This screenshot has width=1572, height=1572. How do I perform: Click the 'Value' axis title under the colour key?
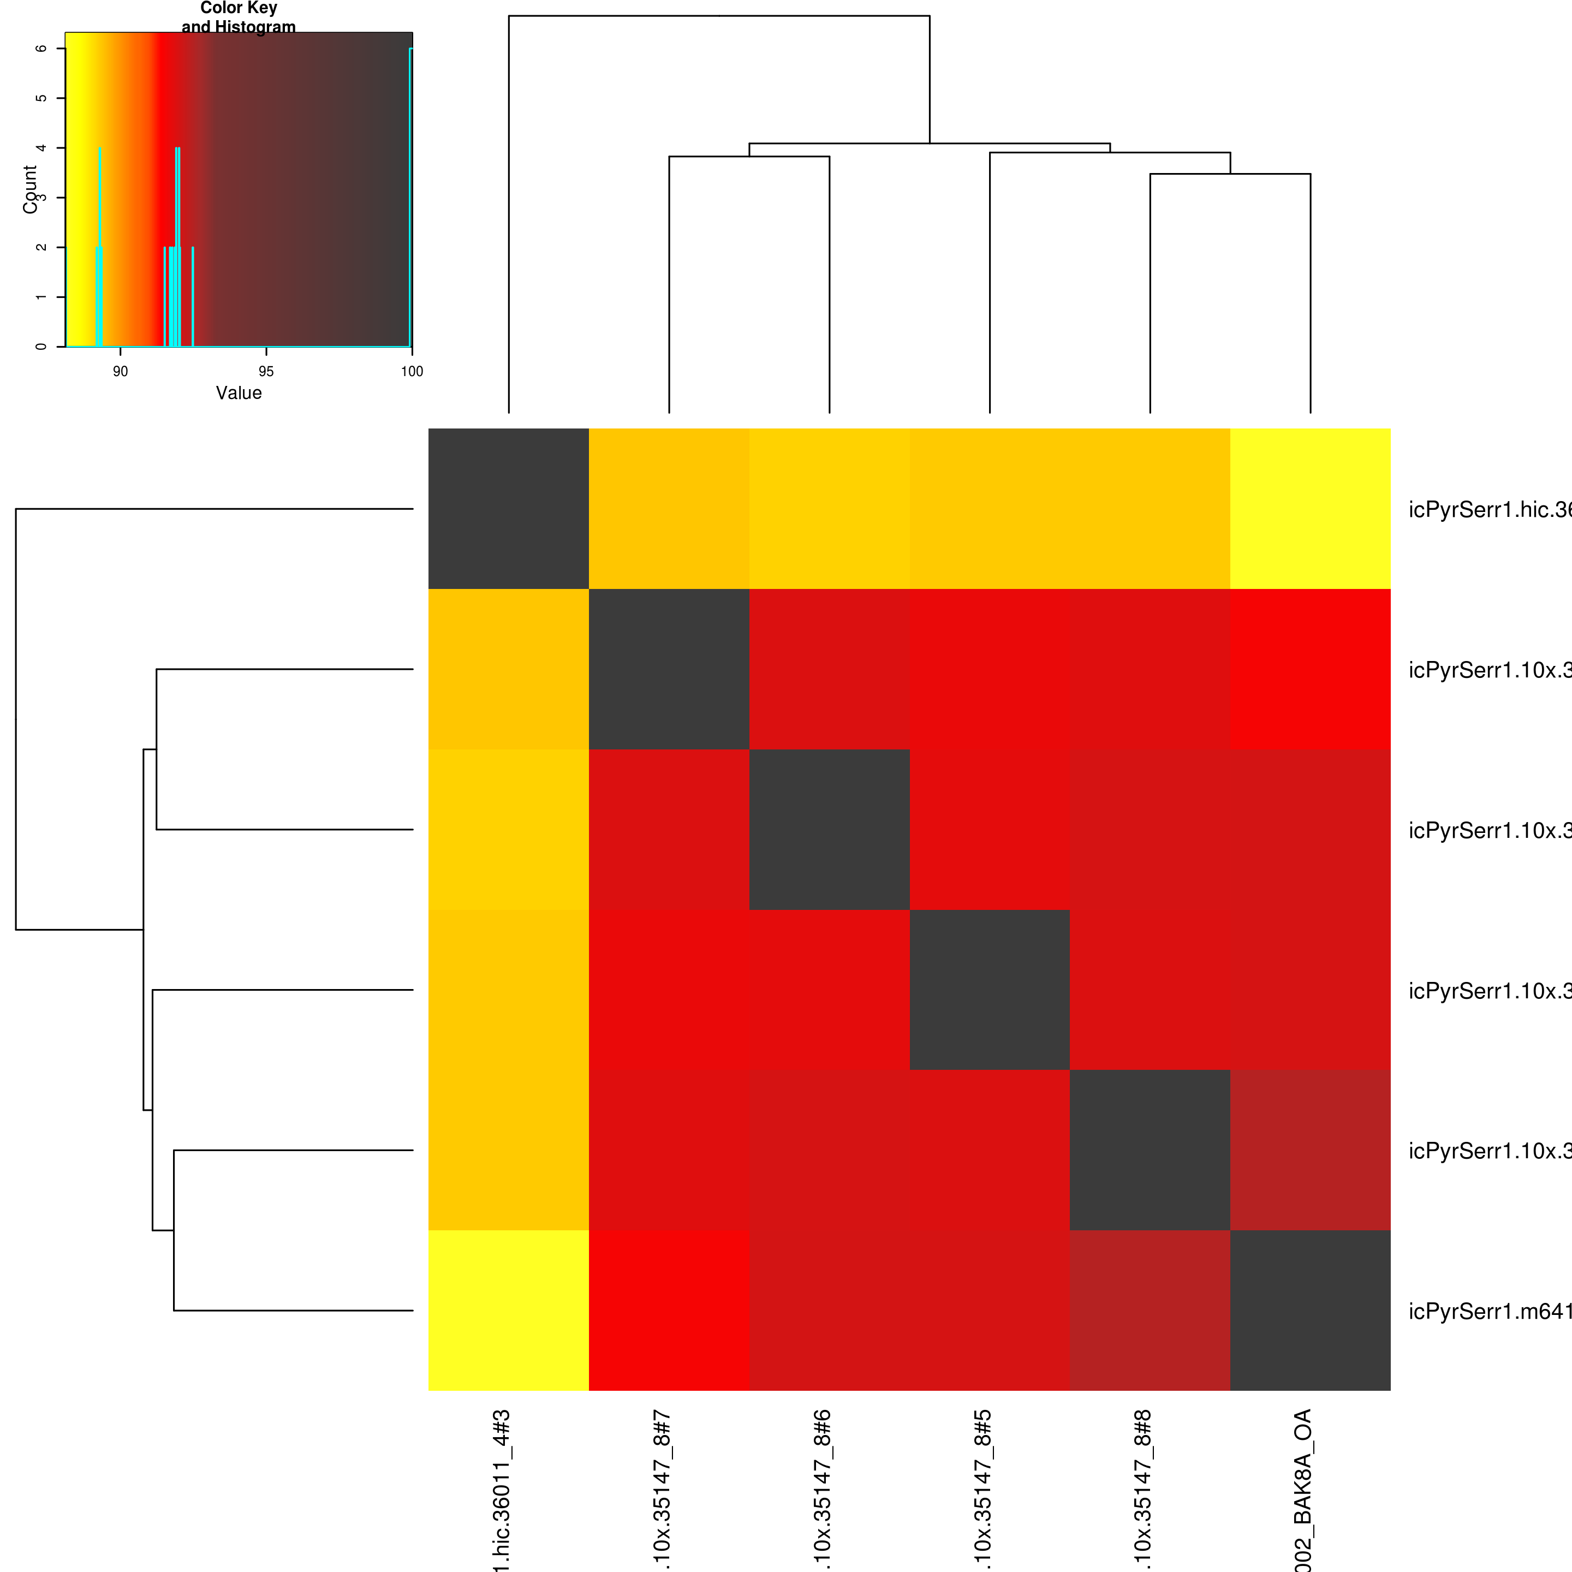[x=239, y=393]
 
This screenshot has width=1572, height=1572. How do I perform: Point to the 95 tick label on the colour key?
[x=266, y=372]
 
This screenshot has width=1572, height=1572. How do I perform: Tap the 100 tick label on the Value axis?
[x=412, y=372]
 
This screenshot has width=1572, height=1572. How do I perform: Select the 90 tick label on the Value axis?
[x=121, y=372]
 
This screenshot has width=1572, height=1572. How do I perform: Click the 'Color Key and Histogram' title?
[x=239, y=17]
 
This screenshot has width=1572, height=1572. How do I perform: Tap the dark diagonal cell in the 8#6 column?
[x=829, y=829]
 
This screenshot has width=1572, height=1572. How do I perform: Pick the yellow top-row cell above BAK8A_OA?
[x=1310, y=509]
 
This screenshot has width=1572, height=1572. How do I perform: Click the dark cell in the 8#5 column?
[x=990, y=990]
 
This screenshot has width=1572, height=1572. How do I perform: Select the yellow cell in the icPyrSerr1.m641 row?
[x=509, y=1310]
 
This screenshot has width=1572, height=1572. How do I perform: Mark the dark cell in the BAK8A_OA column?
[x=1310, y=1310]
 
